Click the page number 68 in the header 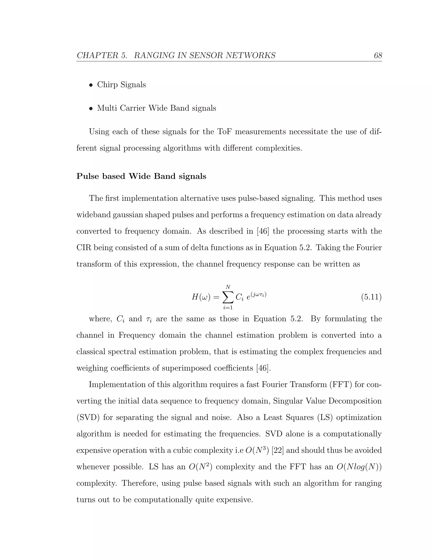tap(378, 55)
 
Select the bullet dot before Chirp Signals tap(91, 85)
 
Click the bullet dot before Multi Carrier tap(91, 109)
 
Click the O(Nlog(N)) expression tap(359, 467)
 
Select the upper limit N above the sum tap(228, 287)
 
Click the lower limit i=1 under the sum tap(228, 307)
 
